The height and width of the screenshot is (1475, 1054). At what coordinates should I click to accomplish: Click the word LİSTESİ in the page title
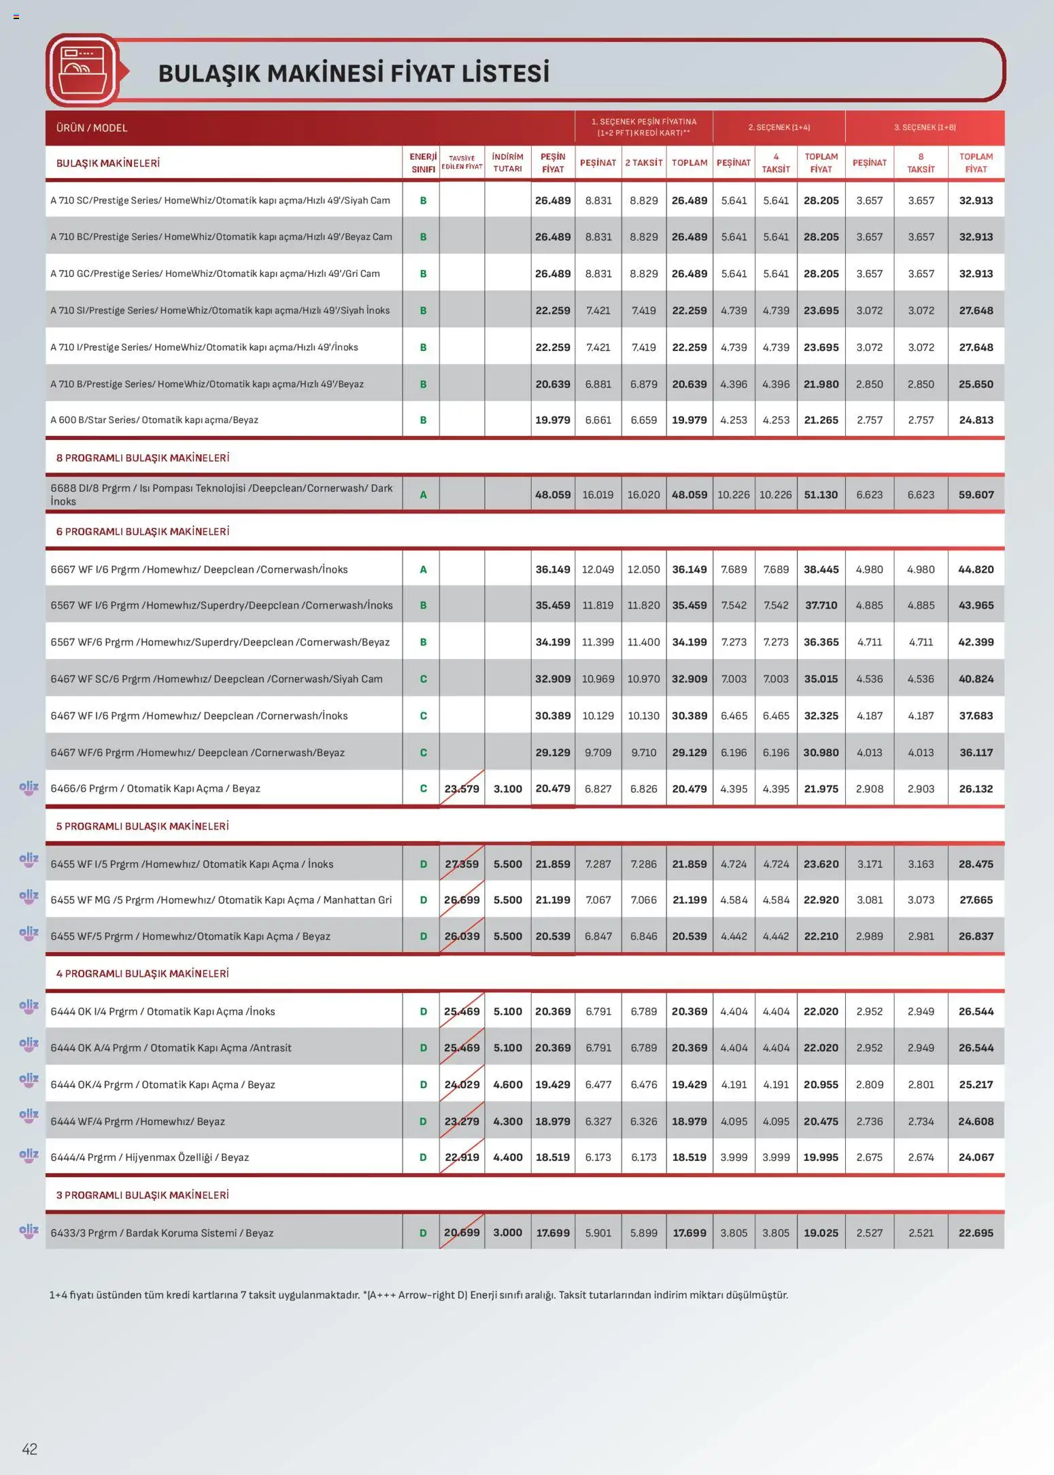point(505,73)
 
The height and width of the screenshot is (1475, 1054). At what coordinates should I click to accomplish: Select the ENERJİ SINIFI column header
point(422,163)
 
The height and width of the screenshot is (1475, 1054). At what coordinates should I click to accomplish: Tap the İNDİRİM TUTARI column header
point(507,163)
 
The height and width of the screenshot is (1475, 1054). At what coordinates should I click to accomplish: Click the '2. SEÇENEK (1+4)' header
point(779,127)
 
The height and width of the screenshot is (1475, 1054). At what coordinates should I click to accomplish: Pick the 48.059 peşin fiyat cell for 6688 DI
point(552,494)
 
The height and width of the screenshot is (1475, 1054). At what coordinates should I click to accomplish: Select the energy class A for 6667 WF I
point(423,569)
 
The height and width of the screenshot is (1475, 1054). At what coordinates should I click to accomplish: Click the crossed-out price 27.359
point(462,864)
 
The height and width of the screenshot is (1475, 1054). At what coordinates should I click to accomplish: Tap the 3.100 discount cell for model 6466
point(507,789)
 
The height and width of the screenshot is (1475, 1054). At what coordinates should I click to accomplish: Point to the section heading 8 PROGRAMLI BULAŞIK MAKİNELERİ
point(142,458)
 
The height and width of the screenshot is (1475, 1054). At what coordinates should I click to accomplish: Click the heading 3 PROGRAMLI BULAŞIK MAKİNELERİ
point(142,1195)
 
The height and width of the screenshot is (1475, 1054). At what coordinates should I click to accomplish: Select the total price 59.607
point(975,494)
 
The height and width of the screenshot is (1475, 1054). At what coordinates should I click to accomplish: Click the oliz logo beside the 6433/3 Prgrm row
point(29,1230)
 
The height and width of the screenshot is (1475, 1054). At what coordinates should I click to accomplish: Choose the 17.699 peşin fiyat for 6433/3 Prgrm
point(552,1233)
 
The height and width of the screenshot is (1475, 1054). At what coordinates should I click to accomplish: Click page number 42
point(29,1448)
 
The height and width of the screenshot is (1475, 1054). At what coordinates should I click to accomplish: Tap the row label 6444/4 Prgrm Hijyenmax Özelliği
point(150,1157)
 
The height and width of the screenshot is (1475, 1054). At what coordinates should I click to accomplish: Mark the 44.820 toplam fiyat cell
point(975,569)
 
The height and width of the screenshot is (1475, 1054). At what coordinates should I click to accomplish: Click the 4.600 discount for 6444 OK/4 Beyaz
point(507,1085)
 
